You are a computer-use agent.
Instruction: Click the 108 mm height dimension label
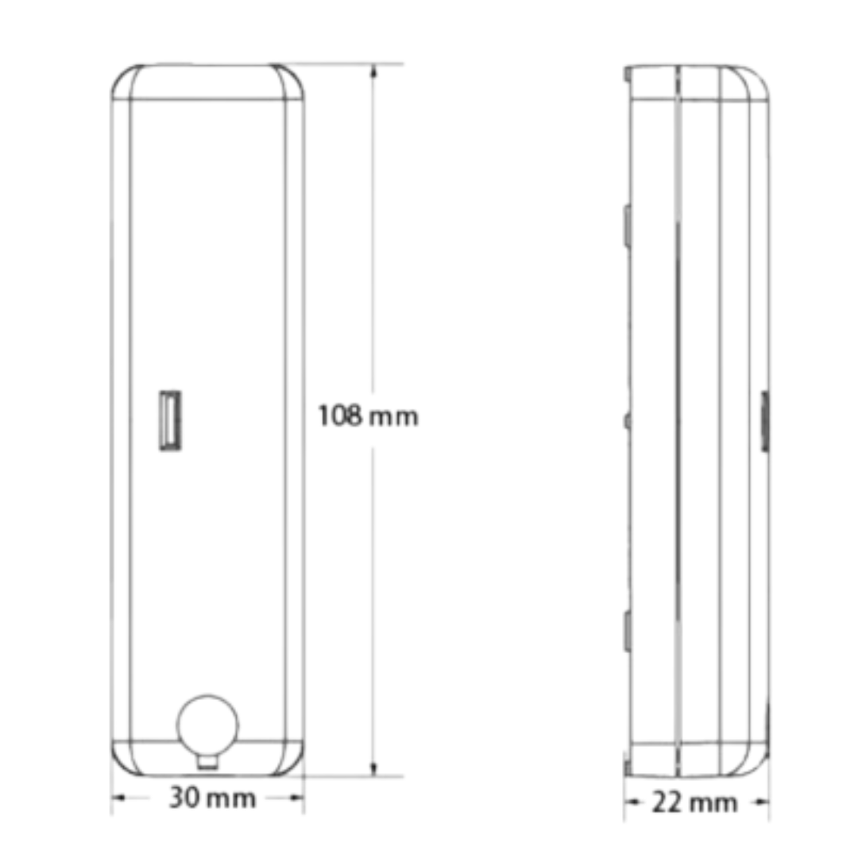tap(369, 416)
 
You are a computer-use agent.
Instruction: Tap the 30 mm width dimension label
tap(212, 798)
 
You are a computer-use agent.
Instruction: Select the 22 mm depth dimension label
tap(695, 802)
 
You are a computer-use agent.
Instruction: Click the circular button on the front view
tap(207, 725)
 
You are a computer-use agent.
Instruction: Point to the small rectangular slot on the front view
tap(170, 421)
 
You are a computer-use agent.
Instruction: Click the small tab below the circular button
tap(207, 762)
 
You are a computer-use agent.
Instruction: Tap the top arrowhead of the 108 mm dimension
tap(373, 72)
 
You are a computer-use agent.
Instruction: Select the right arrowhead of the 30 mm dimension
tap(296, 798)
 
